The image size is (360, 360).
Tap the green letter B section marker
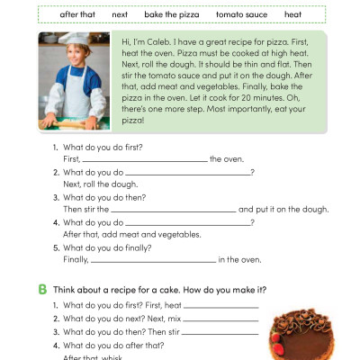pos(42,290)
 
